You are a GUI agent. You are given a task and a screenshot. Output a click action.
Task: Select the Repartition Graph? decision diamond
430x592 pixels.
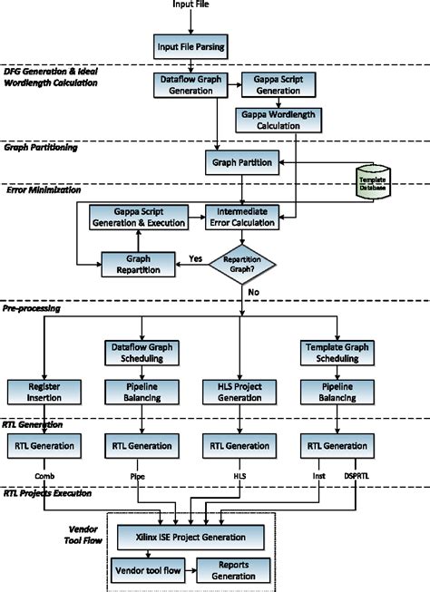click(243, 264)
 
